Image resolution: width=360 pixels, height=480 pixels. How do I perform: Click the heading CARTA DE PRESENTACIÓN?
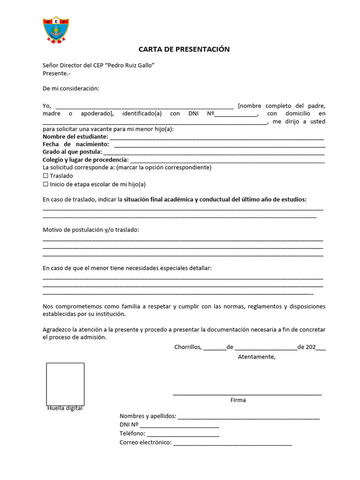(184, 49)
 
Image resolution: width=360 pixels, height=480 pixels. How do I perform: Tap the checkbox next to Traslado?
(45, 176)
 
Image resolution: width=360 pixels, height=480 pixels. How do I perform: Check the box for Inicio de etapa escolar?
(45, 184)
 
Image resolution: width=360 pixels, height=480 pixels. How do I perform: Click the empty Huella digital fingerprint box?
(65, 384)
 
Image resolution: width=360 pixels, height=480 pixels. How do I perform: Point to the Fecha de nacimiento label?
(75, 144)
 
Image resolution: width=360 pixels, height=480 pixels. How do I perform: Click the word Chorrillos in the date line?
(187, 347)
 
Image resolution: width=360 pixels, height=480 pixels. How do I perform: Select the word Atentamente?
(256, 357)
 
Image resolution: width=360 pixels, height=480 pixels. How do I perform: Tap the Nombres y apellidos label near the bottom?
(148, 416)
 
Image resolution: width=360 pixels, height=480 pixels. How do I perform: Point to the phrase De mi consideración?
(71, 89)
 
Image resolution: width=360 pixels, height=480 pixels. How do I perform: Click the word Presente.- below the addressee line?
(56, 73)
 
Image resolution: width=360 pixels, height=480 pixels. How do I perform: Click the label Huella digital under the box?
(65, 408)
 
